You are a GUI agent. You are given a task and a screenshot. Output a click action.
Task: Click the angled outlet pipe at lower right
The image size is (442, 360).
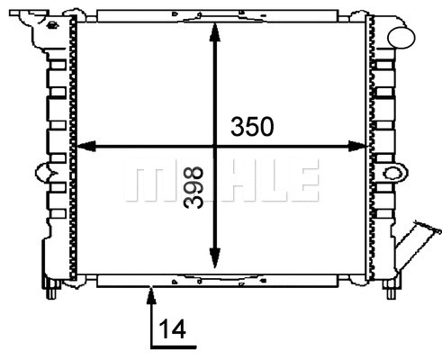pos(415,238)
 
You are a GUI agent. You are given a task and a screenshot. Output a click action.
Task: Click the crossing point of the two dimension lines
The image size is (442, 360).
pos(214,146)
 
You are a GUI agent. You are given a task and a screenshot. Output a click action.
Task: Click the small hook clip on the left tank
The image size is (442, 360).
pos(41,170)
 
